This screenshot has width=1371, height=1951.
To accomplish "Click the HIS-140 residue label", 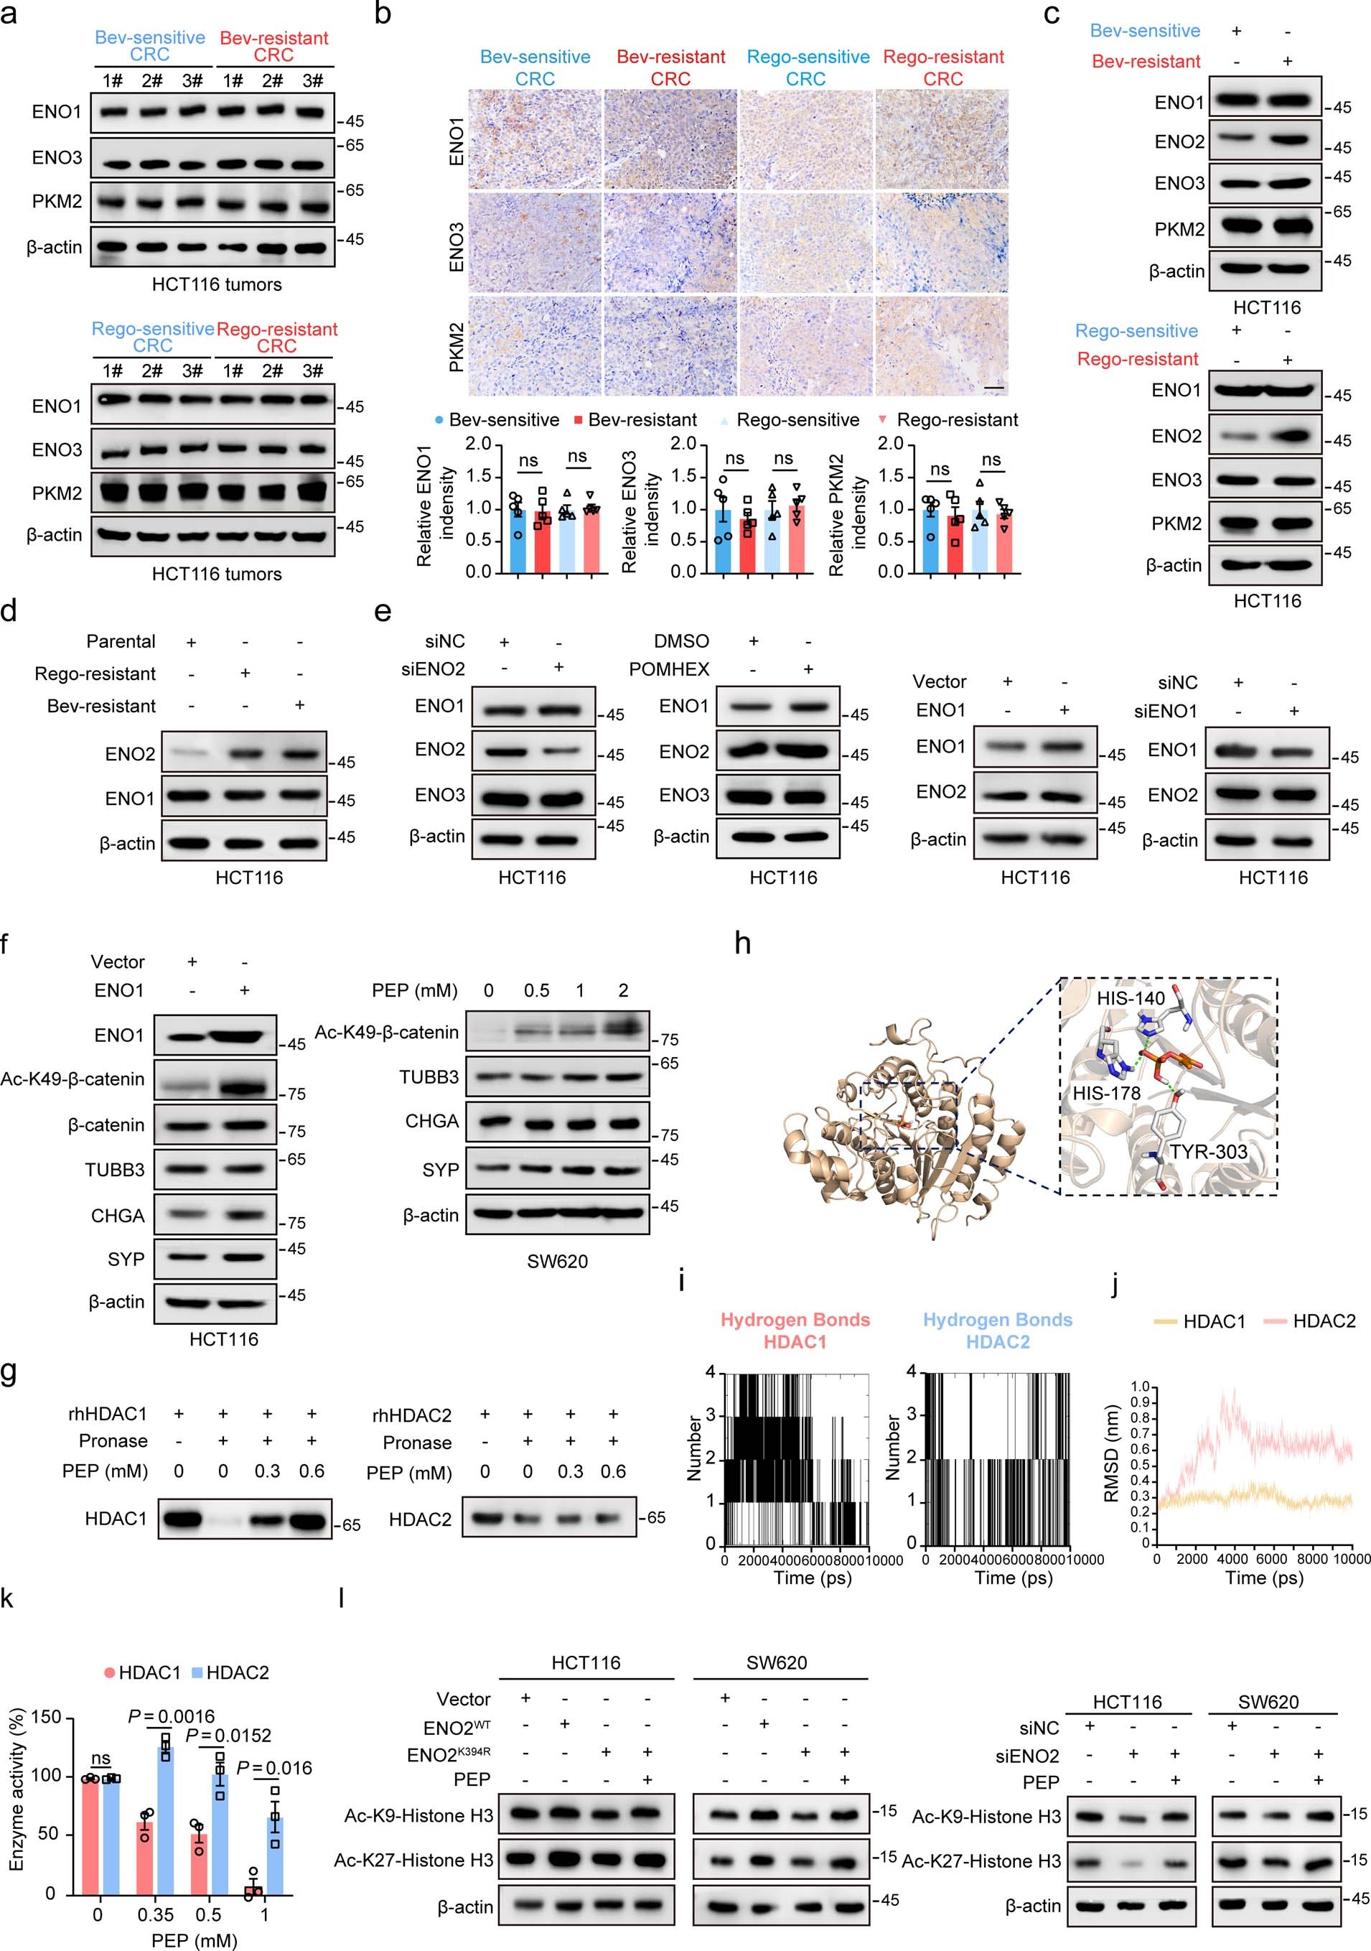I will click(x=1131, y=998).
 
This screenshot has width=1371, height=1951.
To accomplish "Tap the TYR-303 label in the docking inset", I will click(x=1208, y=1153).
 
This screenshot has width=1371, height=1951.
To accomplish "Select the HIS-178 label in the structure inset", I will click(x=1106, y=1093).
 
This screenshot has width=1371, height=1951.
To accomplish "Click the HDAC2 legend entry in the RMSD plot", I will click(x=1324, y=1321).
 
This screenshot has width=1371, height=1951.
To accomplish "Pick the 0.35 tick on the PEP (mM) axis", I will click(x=156, y=1915).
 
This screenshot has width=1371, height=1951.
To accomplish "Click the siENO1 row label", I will click(x=1166, y=711).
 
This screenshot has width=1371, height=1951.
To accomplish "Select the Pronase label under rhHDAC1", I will click(x=113, y=1441).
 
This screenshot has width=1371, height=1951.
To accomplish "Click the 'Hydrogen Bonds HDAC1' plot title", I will click(x=795, y=1331).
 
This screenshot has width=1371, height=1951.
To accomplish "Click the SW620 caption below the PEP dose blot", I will click(x=557, y=1262).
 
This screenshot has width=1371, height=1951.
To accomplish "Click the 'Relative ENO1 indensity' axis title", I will click(x=436, y=506).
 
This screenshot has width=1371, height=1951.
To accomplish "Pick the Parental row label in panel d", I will click(x=121, y=641).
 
